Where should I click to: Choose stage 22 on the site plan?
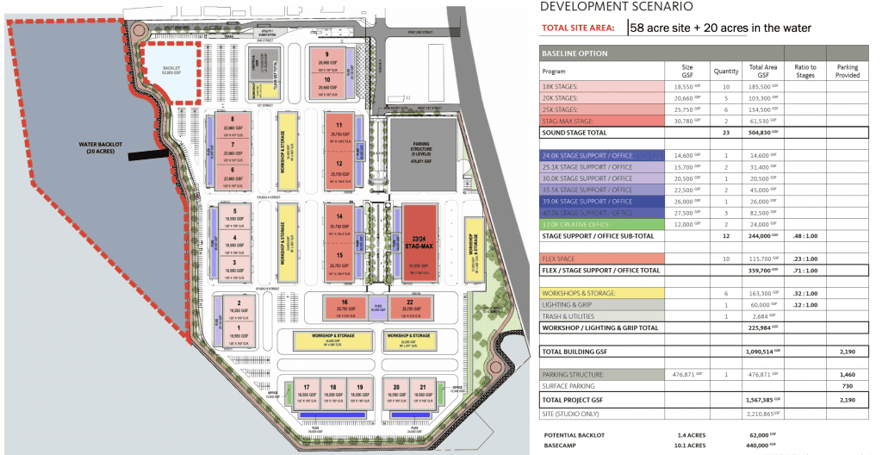click(x=409, y=305)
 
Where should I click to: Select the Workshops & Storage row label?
click(x=579, y=293)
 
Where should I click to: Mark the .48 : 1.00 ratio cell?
click(x=802, y=235)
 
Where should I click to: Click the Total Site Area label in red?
click(x=577, y=28)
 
